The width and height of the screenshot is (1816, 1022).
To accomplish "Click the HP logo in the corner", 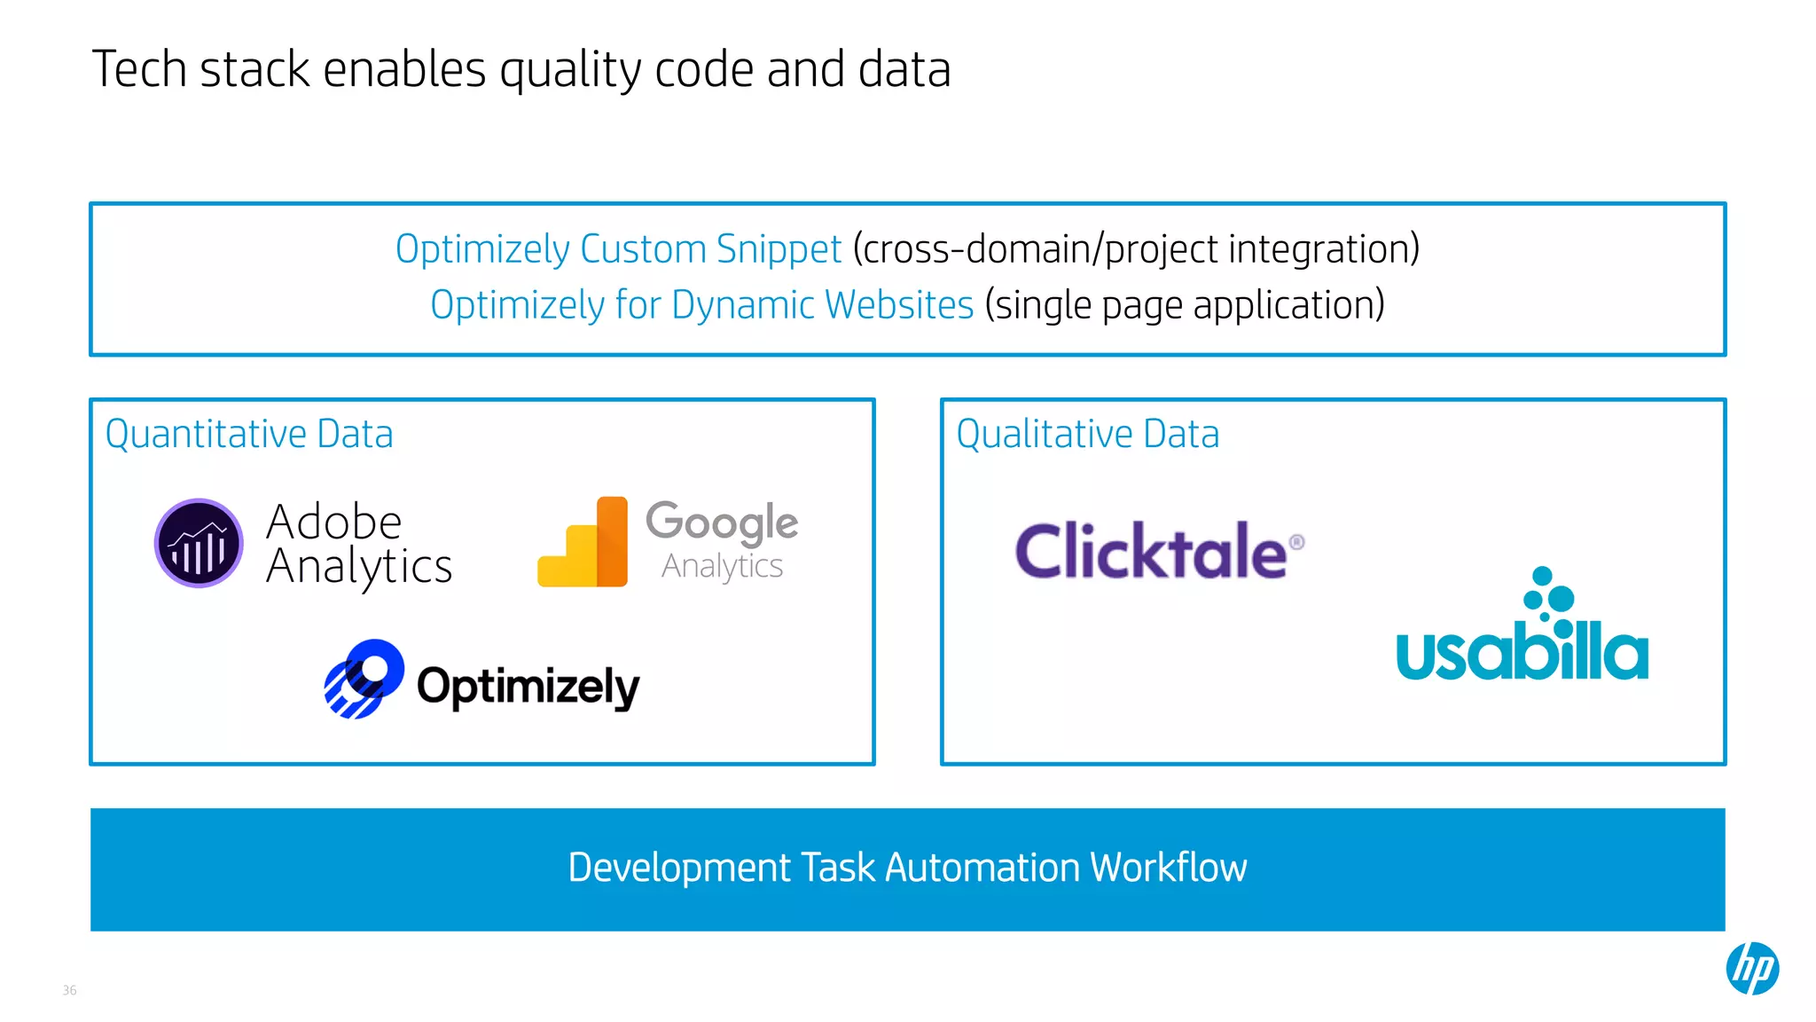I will [x=1752, y=968].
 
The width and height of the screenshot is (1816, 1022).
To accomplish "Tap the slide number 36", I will [x=70, y=990].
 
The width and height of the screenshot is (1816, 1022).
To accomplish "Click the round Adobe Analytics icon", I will [x=199, y=543].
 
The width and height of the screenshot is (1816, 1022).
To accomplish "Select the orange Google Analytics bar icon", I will [x=583, y=542].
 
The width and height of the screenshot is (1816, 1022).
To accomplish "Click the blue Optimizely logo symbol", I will [x=364, y=679].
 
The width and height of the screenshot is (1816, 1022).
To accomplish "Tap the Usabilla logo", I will [x=1522, y=627].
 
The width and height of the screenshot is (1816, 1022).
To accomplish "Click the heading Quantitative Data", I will [x=249, y=434].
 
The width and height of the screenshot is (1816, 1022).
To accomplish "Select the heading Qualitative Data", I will [x=1087, y=434].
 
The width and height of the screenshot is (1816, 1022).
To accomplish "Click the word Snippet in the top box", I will [x=779, y=249].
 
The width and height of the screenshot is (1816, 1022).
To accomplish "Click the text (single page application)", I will [x=1184, y=305].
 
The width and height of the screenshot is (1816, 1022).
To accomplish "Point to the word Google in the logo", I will [x=722, y=522].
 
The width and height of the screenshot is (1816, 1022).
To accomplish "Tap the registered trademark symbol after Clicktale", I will [x=1296, y=541].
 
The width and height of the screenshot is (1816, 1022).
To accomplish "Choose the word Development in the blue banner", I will [x=679, y=868].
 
